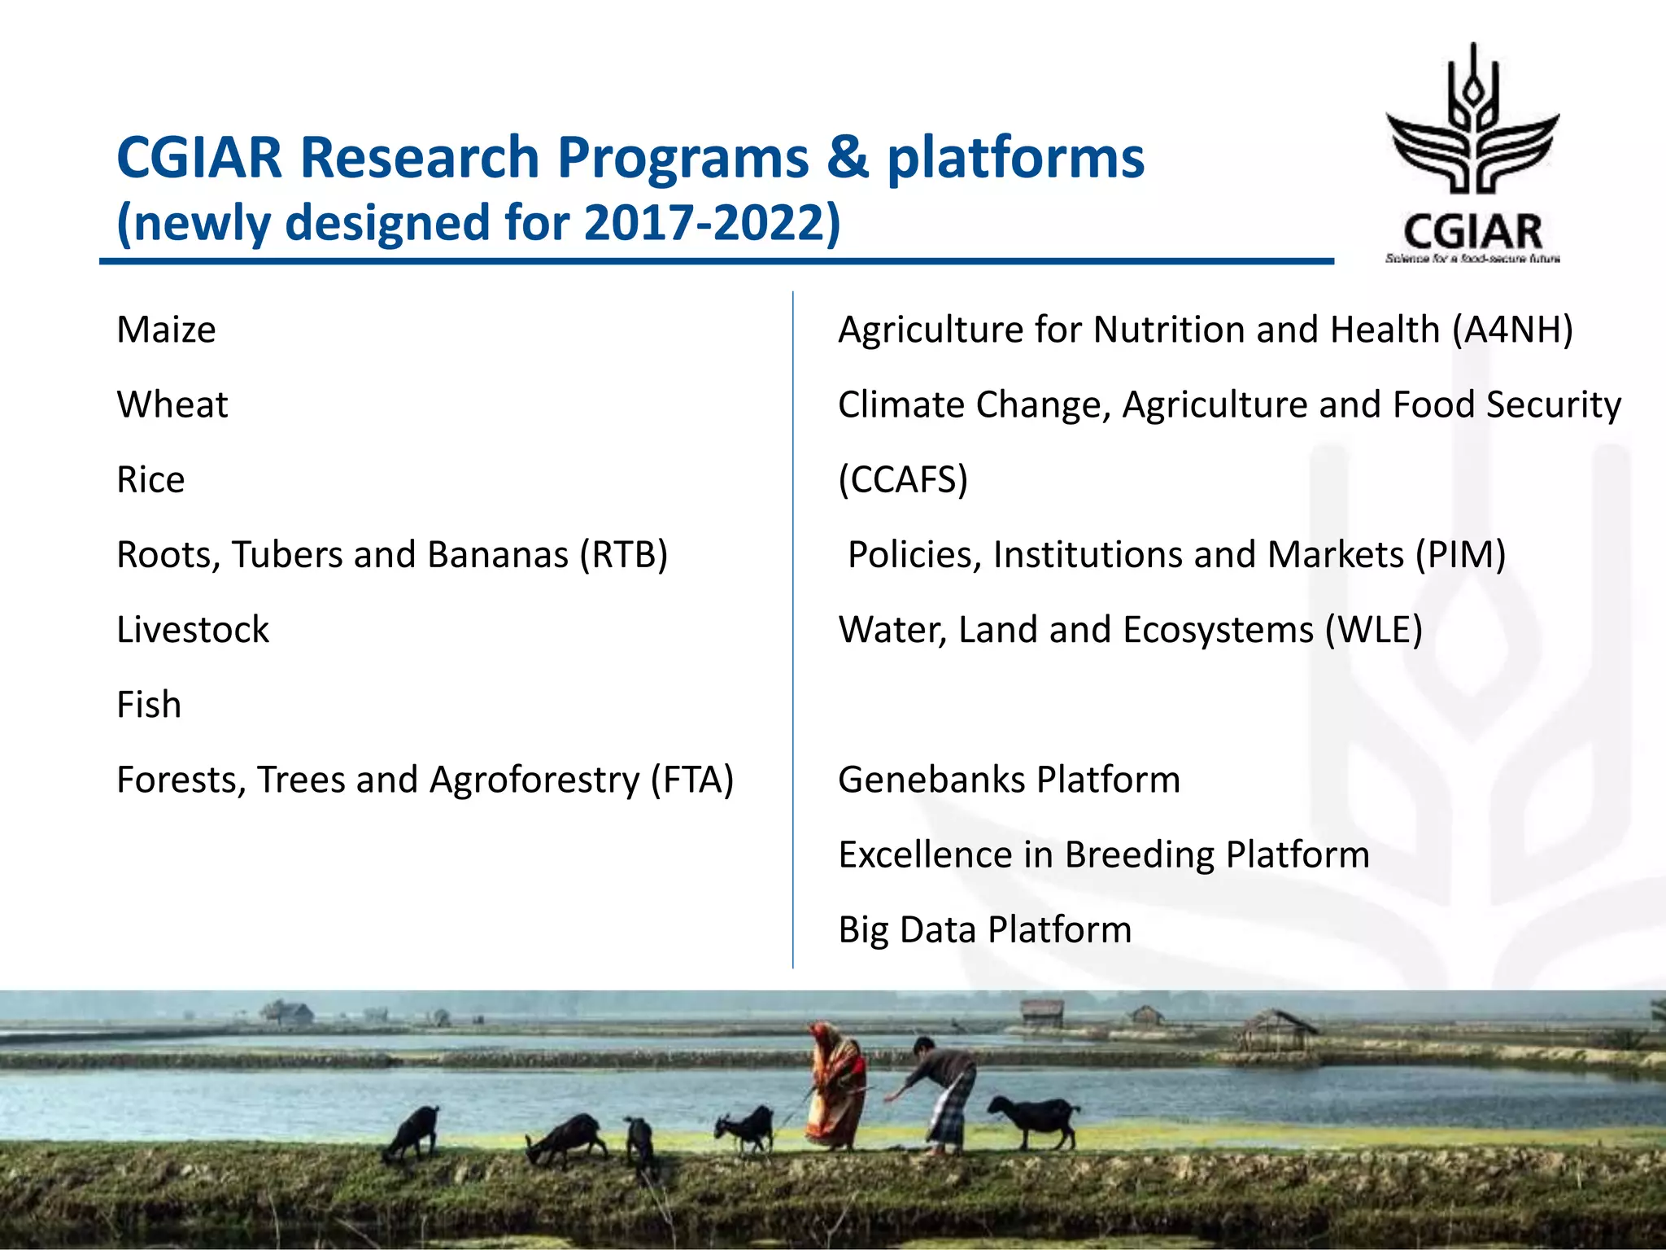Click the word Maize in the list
pos(166,330)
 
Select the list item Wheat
pos(172,405)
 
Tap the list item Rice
pos(150,480)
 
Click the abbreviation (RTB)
pos(623,556)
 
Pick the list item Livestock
pos(193,631)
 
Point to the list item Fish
pos(149,706)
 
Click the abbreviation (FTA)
pos(691,780)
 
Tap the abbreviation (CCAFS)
pos(903,480)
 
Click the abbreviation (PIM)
pos(1460,556)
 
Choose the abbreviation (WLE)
pos(1373,631)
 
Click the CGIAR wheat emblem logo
pos(1472,122)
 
